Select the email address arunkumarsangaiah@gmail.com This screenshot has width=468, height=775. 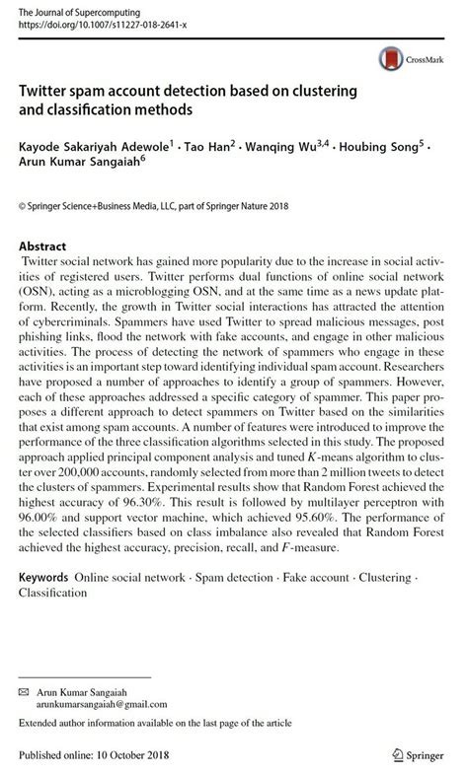pos(102,705)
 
